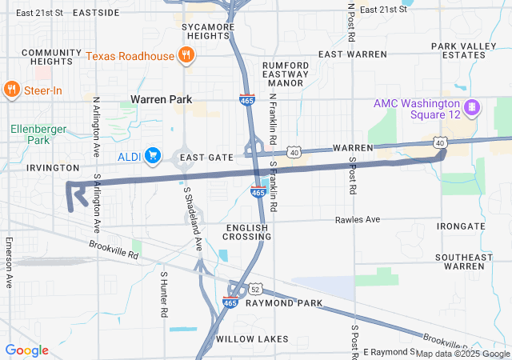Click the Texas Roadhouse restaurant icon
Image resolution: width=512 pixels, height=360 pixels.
pyautogui.click(x=186, y=55)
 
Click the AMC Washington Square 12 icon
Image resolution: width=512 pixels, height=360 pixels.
pyautogui.click(x=473, y=106)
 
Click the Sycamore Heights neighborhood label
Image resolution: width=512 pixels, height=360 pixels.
pyautogui.click(x=207, y=31)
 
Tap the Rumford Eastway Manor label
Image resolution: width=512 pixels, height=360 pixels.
pyautogui.click(x=286, y=74)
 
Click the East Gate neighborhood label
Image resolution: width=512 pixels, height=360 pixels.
pyautogui.click(x=206, y=158)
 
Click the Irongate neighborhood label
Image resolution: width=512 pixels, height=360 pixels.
pyautogui.click(x=461, y=226)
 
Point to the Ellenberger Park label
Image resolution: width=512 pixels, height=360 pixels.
pyautogui.click(x=30, y=134)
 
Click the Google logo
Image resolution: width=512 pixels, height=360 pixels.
pyautogui.click(x=26, y=350)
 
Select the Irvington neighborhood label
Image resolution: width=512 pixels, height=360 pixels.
pyautogui.click(x=53, y=168)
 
